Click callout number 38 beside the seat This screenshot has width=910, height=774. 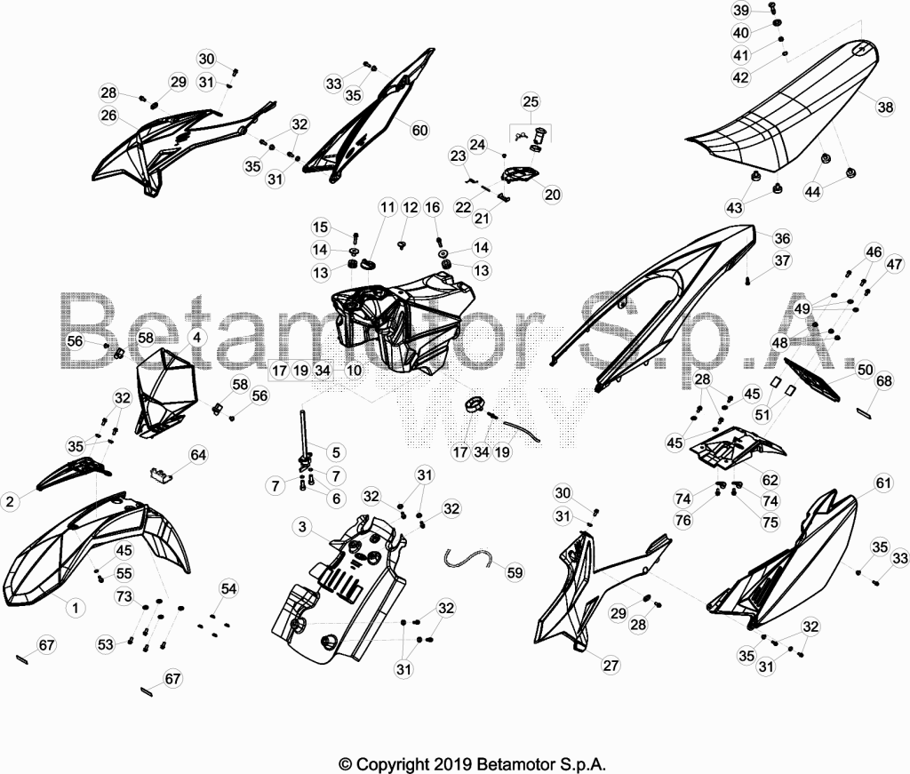pyautogui.click(x=885, y=107)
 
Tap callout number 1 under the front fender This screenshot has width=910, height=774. pyautogui.click(x=75, y=608)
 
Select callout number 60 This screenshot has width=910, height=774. pyautogui.click(x=419, y=130)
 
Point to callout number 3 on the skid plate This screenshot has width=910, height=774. pyautogui.click(x=302, y=527)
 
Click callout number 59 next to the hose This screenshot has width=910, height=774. pyautogui.click(x=515, y=572)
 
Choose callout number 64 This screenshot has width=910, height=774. pyautogui.click(x=198, y=454)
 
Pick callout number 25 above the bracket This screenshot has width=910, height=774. pyautogui.click(x=531, y=101)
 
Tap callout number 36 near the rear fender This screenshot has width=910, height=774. pyautogui.click(x=782, y=238)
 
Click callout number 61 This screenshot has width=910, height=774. pyautogui.click(x=882, y=483)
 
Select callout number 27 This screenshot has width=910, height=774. pyautogui.click(x=611, y=665)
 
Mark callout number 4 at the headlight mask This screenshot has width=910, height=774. pyautogui.click(x=196, y=337)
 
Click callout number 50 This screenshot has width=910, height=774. pyautogui.click(x=865, y=370)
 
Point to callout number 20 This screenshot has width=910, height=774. pyautogui.click(x=552, y=195)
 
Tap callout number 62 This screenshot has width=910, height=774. pyautogui.click(x=770, y=480)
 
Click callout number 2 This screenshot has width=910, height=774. pyautogui.click(x=10, y=500)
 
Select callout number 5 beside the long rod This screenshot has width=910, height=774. pyautogui.click(x=335, y=452)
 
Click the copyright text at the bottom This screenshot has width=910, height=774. pyautogui.click(x=472, y=763)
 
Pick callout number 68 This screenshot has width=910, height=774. pyautogui.click(x=884, y=381)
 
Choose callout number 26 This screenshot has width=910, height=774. pyautogui.click(x=108, y=116)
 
